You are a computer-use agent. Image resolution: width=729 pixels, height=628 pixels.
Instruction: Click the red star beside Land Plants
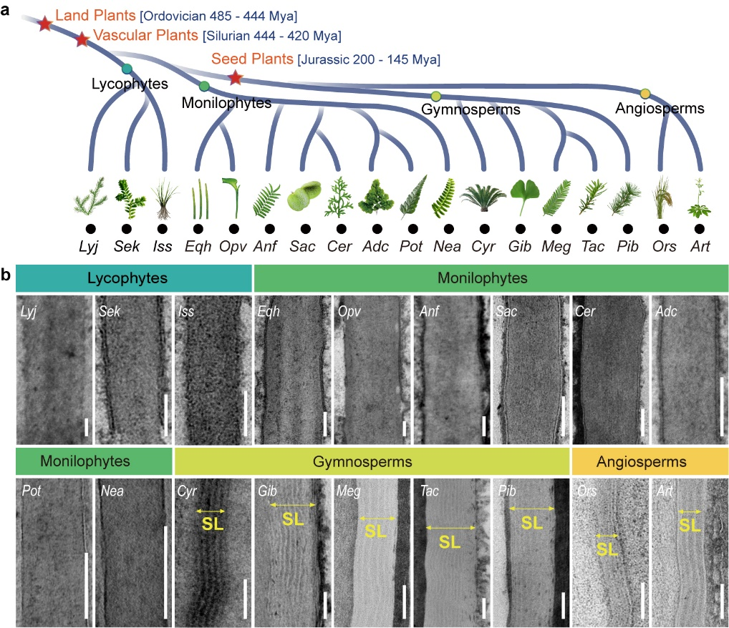pyautogui.click(x=44, y=24)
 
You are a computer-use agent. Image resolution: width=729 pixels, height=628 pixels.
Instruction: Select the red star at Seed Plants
pyautogui.click(x=235, y=77)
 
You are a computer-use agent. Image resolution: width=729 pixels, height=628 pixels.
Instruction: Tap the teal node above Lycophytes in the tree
pyautogui.click(x=127, y=69)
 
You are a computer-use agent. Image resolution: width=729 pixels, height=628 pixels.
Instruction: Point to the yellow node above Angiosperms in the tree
pyautogui.click(x=645, y=93)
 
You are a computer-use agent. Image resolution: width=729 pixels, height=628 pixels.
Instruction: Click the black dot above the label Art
pyautogui.click(x=700, y=230)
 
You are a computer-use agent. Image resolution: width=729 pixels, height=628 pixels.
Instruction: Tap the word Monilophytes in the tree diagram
pyautogui.click(x=226, y=103)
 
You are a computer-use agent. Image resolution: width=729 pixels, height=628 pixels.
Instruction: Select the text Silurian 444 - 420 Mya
pyautogui.click(x=272, y=36)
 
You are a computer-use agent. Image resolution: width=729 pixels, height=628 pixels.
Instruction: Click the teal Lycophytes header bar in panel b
pyautogui.click(x=133, y=277)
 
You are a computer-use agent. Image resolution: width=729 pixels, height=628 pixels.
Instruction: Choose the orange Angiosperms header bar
pyautogui.click(x=650, y=462)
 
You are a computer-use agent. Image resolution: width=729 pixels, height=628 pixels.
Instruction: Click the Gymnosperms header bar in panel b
pyautogui.click(x=372, y=462)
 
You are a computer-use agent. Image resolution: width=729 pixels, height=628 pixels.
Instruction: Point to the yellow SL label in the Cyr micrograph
pyautogui.click(x=212, y=524)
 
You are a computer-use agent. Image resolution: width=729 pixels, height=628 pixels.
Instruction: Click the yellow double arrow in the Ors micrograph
pyautogui.click(x=607, y=535)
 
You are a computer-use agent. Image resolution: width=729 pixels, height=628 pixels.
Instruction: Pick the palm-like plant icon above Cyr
pyautogui.click(x=484, y=197)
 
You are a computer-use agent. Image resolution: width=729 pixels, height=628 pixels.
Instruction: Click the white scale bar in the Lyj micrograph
pyautogui.click(x=85, y=427)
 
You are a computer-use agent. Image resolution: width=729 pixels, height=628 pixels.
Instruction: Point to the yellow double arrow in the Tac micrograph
pyautogui.click(x=450, y=528)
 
